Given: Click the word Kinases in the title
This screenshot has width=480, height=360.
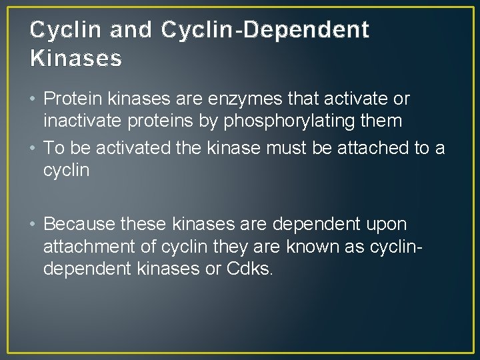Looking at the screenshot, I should pyautogui.click(x=76, y=59).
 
